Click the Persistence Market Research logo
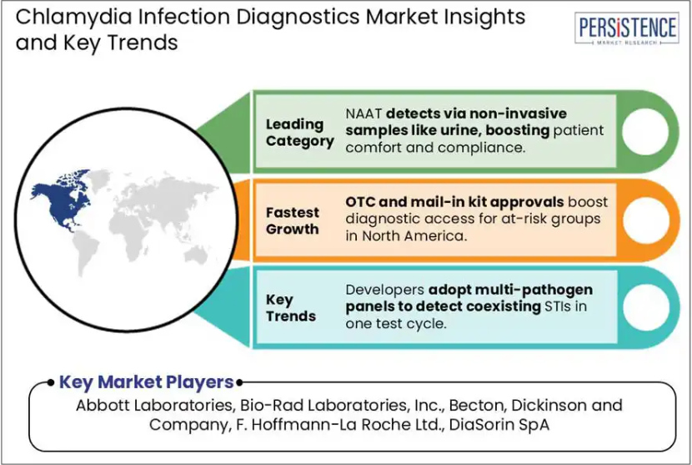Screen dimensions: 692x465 627,28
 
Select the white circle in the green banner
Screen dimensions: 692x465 645,132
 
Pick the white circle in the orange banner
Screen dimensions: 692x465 645,220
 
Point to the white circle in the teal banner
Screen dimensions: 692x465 646,307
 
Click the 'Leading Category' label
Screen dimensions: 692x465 299,133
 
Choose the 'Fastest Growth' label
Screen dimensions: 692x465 292,220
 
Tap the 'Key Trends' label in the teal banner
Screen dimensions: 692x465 291,308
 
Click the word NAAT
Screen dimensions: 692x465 364,114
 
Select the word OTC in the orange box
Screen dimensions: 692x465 360,202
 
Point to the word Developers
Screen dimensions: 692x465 384,291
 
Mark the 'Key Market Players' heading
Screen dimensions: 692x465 146,382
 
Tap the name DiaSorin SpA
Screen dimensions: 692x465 499,425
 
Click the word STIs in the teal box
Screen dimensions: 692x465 559,306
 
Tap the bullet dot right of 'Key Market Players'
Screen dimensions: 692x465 239,383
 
